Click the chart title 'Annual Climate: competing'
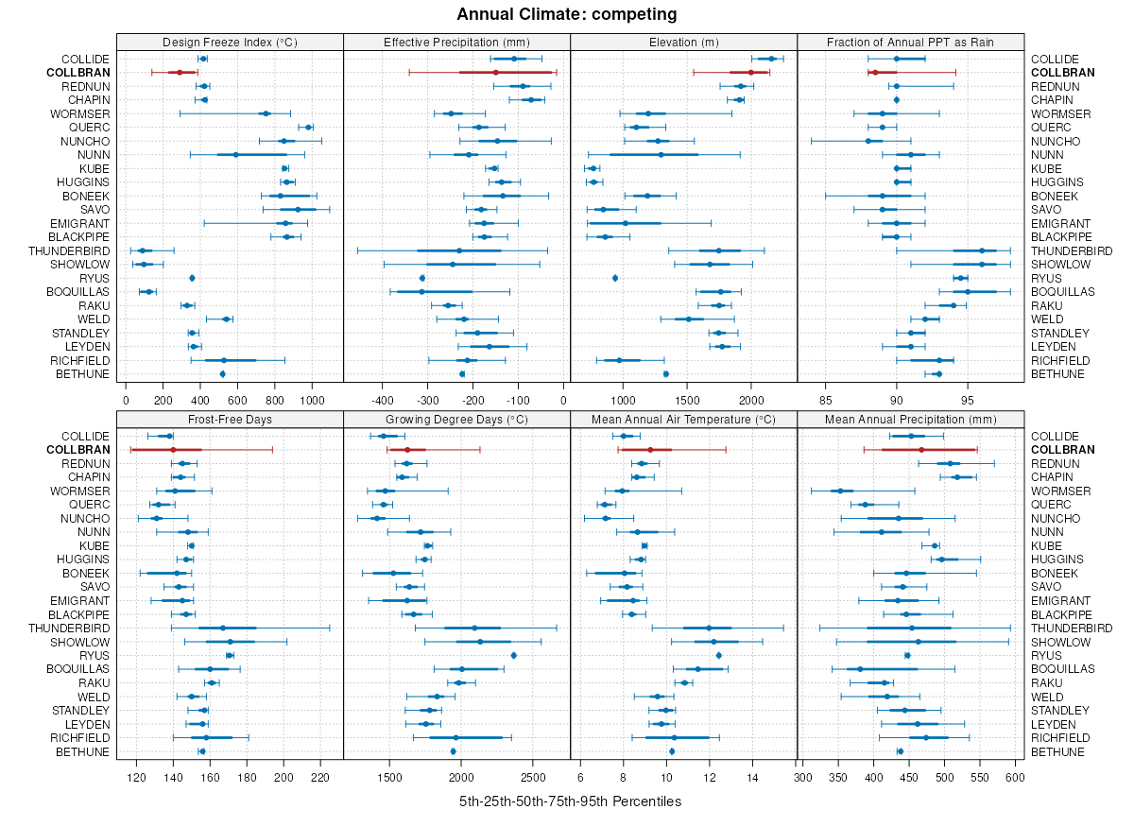pos(566,14)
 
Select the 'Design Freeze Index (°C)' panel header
pos(230,42)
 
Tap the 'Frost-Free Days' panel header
pos(230,419)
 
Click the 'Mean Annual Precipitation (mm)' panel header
pos(911,419)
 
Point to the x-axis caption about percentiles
pos(570,801)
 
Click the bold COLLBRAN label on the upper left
pos(78,73)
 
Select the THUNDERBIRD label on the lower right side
pos(1072,629)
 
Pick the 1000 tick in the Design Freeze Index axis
pos(312,399)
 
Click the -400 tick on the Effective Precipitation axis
pos(382,399)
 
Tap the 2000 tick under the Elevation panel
pos(750,399)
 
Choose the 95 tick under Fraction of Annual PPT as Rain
pos(967,399)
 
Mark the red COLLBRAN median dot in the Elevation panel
pos(751,73)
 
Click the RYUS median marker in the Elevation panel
pos(615,278)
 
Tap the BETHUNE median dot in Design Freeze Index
pos(222,374)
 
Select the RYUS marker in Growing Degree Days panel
pos(513,655)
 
